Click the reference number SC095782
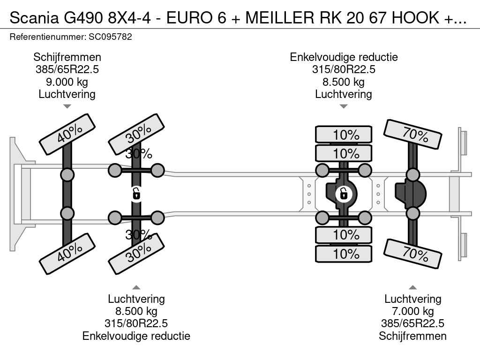pyautogui.click(x=110, y=37)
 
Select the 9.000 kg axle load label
pyautogui.click(x=67, y=82)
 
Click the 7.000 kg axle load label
pyautogui.click(x=412, y=311)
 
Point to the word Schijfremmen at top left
pyautogui.click(x=67, y=57)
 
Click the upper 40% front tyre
pyautogui.click(x=67, y=135)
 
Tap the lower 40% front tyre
pyautogui.click(x=67, y=254)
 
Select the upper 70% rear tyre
pyautogui.click(x=412, y=134)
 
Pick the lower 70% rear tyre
pyautogui.click(x=412, y=254)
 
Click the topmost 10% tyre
pyautogui.click(x=344, y=135)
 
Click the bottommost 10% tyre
pyautogui.click(x=344, y=254)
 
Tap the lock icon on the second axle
pyautogui.click(x=136, y=194)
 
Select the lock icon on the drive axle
pyautogui.click(x=344, y=194)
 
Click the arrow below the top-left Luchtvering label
pyautogui.click(x=67, y=106)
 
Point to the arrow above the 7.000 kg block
pyautogui.click(x=412, y=287)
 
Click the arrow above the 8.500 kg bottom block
pyautogui.click(x=136, y=287)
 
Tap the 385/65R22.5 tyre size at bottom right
pyautogui.click(x=412, y=323)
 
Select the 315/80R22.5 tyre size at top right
pyautogui.click(x=344, y=69)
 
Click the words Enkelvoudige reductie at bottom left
pyautogui.click(x=136, y=336)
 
